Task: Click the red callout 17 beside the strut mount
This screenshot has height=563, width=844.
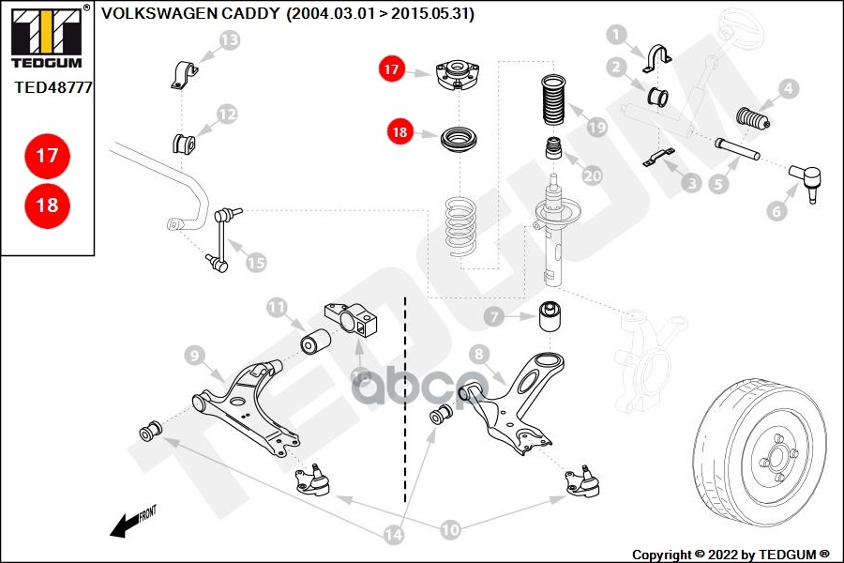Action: (x=391, y=68)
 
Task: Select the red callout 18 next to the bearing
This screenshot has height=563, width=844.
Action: (x=400, y=132)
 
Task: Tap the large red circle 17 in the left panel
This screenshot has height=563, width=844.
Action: (x=46, y=157)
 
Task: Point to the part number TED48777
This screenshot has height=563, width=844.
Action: (x=53, y=88)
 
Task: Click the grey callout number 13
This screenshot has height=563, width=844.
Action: (x=230, y=39)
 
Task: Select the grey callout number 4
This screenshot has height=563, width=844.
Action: (x=788, y=89)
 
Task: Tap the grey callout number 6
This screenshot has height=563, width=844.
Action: (x=776, y=212)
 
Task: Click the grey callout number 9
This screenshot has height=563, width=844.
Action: (x=195, y=355)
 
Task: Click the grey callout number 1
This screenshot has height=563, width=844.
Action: (x=616, y=36)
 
